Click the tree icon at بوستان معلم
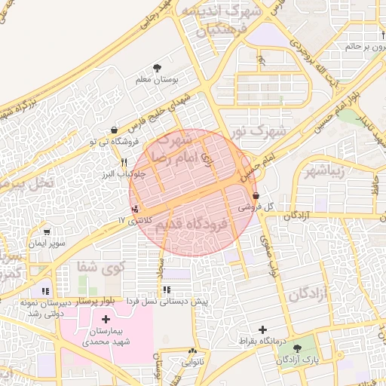point(157,68)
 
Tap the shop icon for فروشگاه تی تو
point(113,129)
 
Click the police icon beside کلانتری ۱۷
point(135,208)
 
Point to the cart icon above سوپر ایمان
point(47,232)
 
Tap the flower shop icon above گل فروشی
point(256,196)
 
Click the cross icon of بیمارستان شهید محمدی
point(105,320)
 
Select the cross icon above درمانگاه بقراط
point(262,329)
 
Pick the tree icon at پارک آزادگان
point(299,348)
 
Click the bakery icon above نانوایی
point(192,351)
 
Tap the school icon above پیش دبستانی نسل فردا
point(166,289)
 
